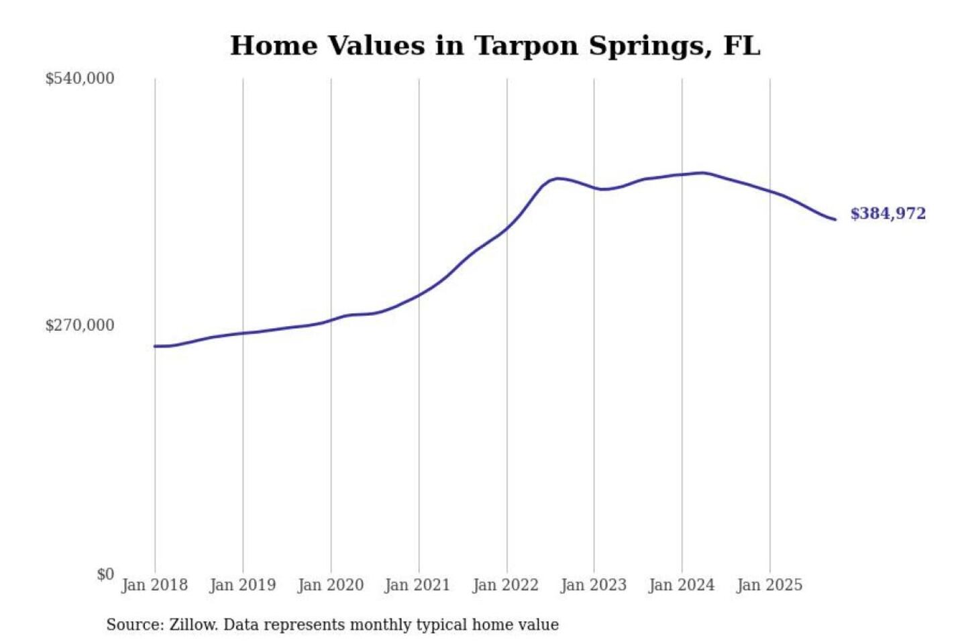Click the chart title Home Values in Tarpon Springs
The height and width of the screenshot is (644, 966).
494,46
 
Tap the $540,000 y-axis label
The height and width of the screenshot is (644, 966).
80,78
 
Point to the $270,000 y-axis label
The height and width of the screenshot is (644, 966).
80,325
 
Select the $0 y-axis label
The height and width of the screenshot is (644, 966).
105,574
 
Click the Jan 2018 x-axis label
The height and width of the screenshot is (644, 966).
154,585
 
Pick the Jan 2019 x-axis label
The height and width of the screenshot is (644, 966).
242,585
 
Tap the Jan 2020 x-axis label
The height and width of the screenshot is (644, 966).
330,585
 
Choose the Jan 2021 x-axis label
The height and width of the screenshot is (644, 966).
417,585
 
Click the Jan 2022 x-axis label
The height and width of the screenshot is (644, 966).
505,585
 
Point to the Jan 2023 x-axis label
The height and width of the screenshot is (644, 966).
593,585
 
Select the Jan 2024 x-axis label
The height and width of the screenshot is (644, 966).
681,585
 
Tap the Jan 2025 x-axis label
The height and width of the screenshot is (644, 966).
769,585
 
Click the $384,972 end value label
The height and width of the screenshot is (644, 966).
888,213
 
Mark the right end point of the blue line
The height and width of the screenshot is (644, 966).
835,219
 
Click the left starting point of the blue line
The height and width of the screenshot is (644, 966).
155,346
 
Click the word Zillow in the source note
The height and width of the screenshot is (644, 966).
193,625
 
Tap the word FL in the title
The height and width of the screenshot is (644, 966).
742,46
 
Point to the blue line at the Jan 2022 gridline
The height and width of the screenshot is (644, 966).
507,228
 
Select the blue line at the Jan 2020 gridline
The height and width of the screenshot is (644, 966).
331,320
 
